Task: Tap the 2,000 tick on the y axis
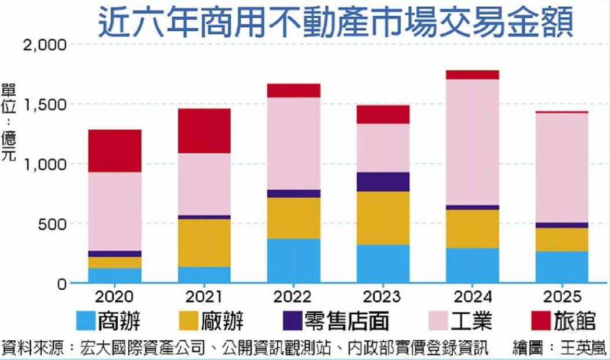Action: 45,45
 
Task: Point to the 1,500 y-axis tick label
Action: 45,104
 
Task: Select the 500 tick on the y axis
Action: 52,224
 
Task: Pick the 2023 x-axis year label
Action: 383,297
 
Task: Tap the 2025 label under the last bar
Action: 562,297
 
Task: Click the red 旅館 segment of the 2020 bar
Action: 115,151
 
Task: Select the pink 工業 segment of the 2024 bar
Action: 473,142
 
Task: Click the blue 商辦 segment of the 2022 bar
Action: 294,261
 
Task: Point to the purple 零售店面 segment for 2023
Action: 383,181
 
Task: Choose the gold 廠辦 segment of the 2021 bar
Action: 205,243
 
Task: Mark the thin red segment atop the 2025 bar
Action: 562,112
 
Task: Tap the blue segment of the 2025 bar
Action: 562,267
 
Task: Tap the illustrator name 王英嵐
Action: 583,348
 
